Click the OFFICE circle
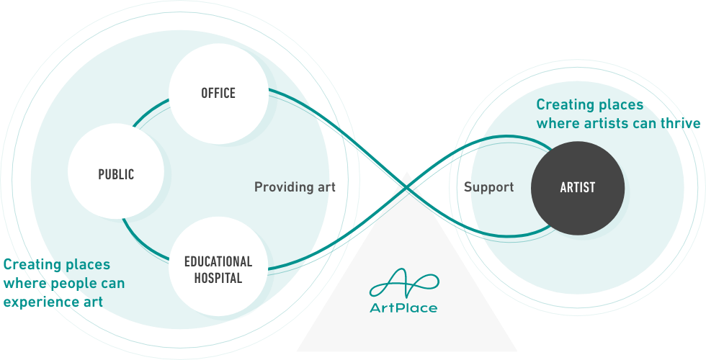point(218,94)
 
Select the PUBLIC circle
point(116,171)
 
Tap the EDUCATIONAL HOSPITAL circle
point(218,266)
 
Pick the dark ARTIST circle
point(578,188)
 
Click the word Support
point(488,187)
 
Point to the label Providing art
point(295,187)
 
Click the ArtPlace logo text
point(403,308)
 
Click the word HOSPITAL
point(218,278)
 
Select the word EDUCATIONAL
point(218,262)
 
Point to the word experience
point(35,302)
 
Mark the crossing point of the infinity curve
point(406,187)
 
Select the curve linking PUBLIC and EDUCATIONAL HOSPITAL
point(142,244)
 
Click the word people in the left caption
point(73,284)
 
